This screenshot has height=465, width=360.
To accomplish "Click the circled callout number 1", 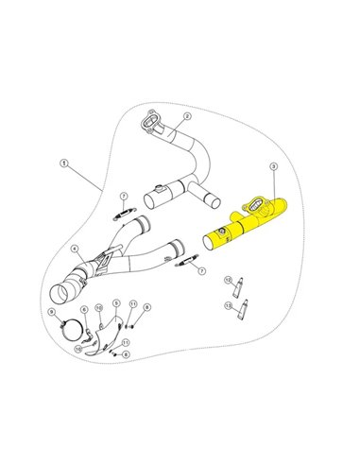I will coord(63,163).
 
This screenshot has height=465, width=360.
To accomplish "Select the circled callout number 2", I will coord(187,115).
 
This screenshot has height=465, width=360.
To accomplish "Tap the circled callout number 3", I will coord(273,166).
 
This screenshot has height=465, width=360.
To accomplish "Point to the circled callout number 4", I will coord(73,250).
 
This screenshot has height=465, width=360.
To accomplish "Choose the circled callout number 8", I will coord(147,307).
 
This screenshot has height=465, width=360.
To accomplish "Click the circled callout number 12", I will coord(228,281).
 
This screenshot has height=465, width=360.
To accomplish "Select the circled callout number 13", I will coord(228,306).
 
